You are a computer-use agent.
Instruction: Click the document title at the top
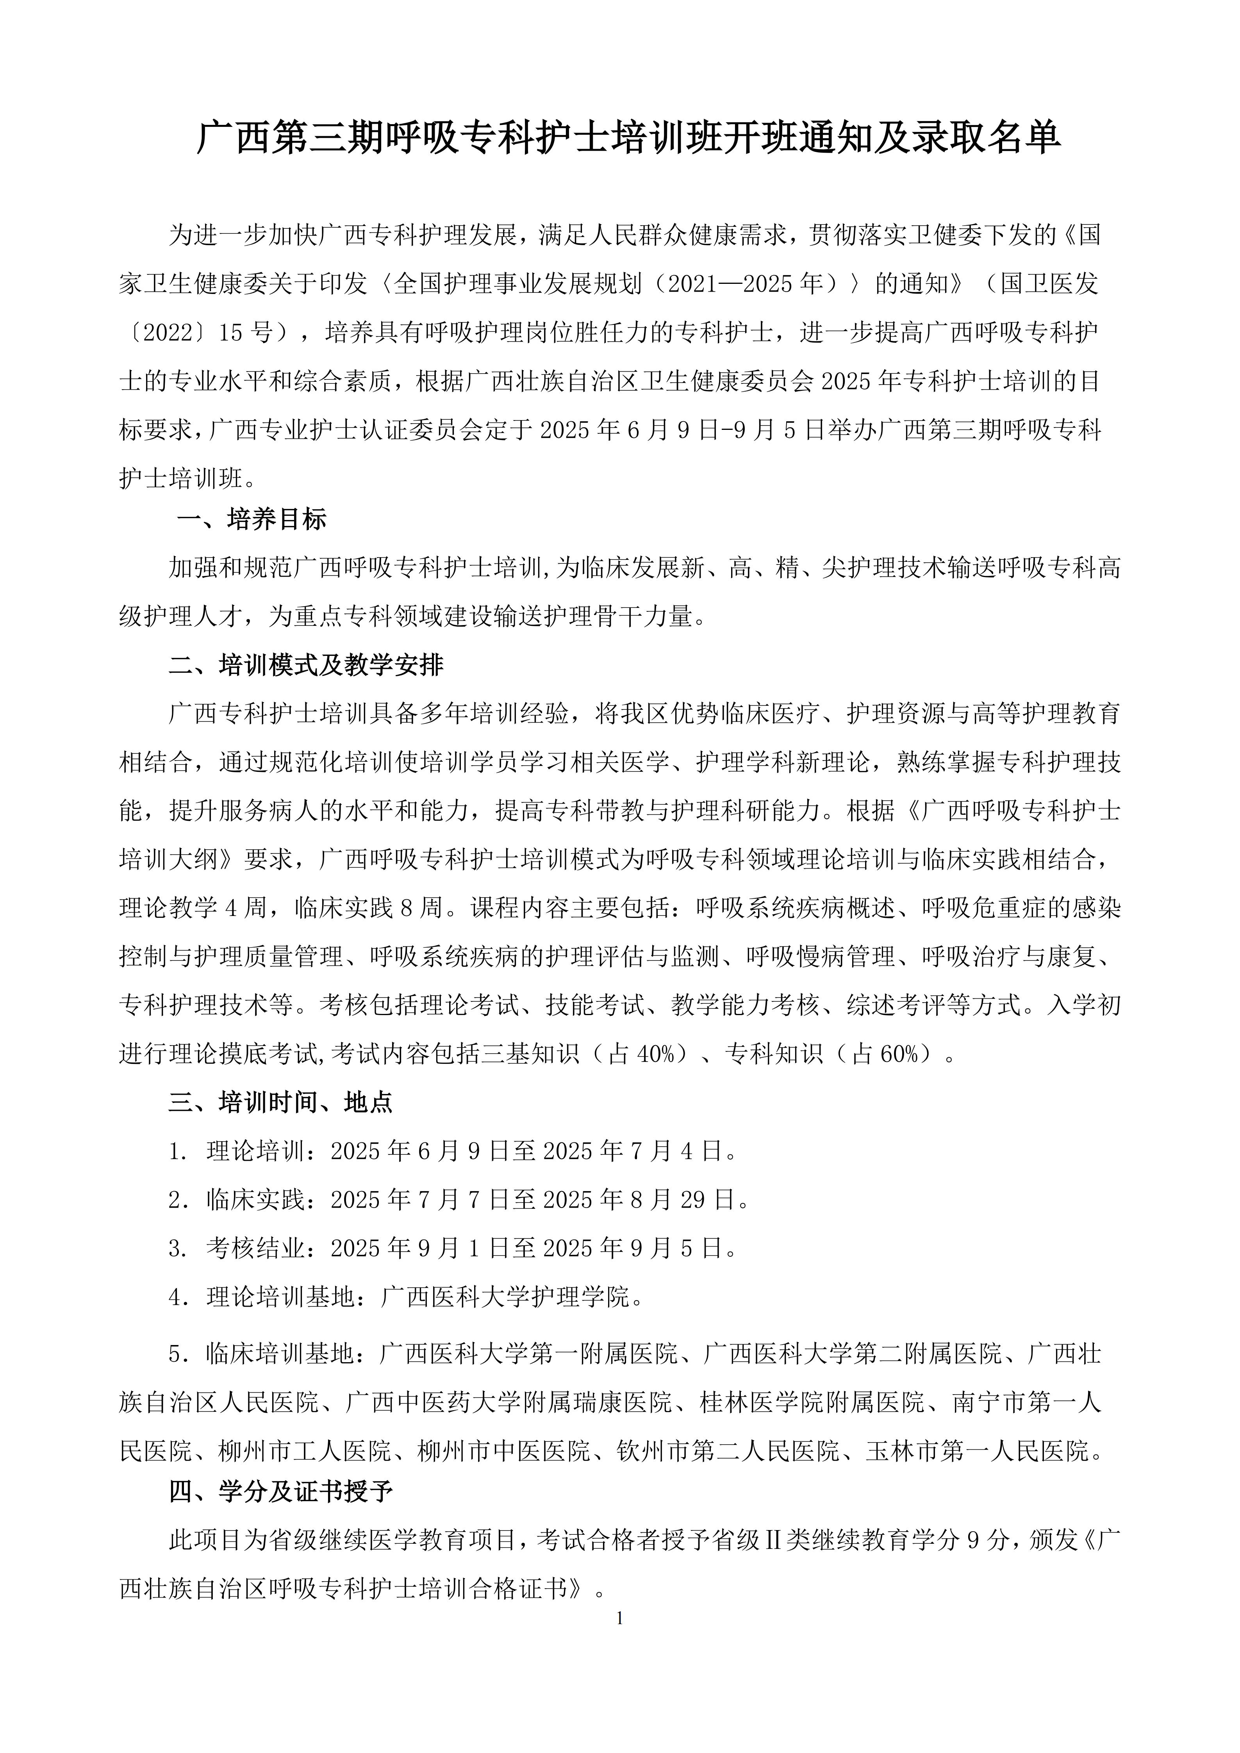tap(628, 138)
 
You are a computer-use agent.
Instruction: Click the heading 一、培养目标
tap(252, 519)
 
